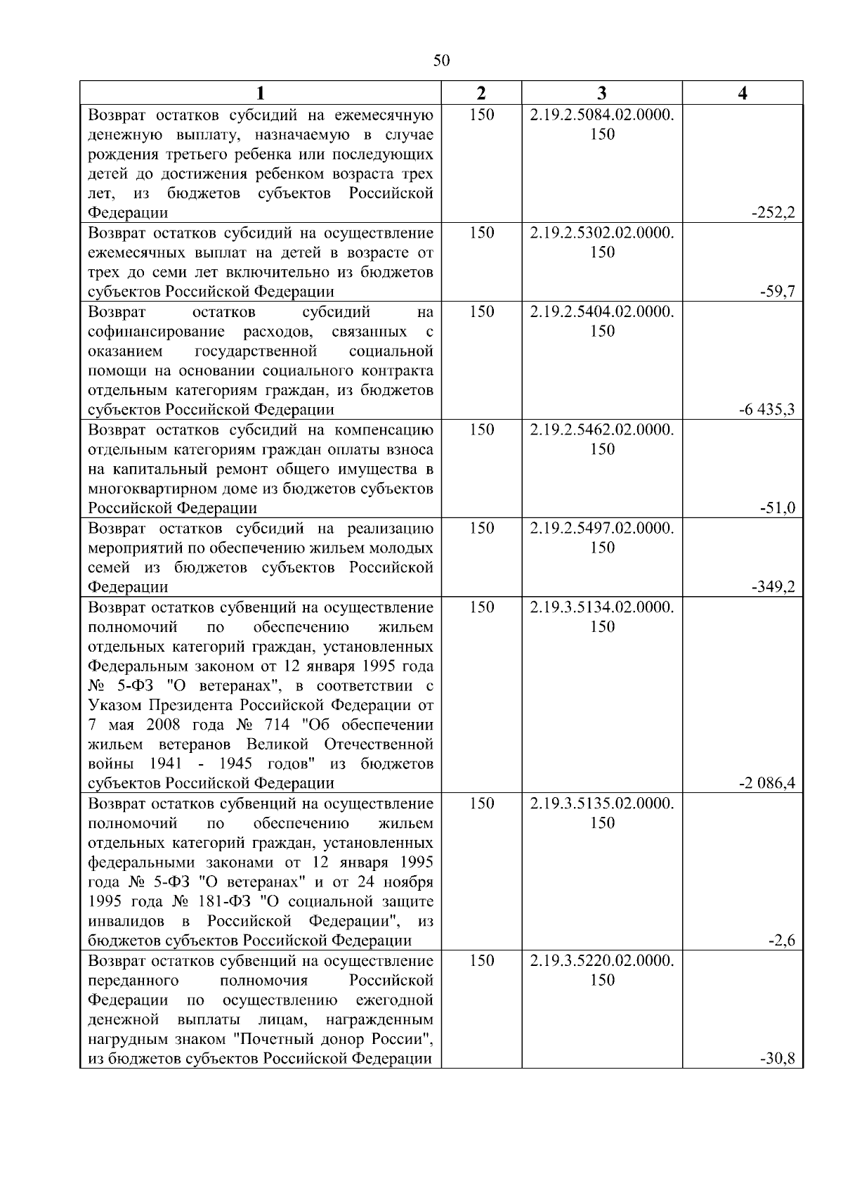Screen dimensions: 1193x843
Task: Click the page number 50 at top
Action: [441, 60]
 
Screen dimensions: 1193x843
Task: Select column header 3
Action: [602, 93]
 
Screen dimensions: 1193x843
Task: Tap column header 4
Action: [743, 93]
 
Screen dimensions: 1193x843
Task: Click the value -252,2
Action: [773, 213]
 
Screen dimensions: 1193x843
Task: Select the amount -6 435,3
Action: [766, 410]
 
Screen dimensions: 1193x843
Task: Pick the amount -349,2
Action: [773, 587]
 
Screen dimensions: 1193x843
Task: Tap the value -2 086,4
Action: [766, 784]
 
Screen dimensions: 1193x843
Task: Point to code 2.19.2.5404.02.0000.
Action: [602, 312]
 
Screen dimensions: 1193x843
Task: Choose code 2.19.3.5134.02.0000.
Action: [602, 607]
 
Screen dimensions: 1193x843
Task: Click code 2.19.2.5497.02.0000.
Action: [602, 529]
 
